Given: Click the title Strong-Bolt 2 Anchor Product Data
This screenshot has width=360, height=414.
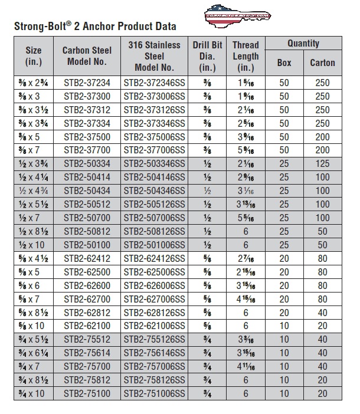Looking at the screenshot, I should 95,27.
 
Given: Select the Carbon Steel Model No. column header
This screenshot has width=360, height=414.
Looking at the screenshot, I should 87,56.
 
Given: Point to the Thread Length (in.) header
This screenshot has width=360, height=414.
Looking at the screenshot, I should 246,56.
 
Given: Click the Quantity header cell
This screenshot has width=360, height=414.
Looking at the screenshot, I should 303,44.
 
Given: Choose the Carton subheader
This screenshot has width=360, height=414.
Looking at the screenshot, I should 322,63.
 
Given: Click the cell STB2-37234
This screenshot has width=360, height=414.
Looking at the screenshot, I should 87,83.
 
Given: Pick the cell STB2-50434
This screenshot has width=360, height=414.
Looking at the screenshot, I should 87,191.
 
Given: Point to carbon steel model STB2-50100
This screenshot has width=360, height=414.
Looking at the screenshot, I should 87,244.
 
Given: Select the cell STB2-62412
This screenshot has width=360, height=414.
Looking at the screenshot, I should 87,258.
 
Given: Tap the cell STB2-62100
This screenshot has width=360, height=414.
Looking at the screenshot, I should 87,325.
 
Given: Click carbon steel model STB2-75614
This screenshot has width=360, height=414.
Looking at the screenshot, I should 87,353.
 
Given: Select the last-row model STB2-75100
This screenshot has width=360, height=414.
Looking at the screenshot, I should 87,393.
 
